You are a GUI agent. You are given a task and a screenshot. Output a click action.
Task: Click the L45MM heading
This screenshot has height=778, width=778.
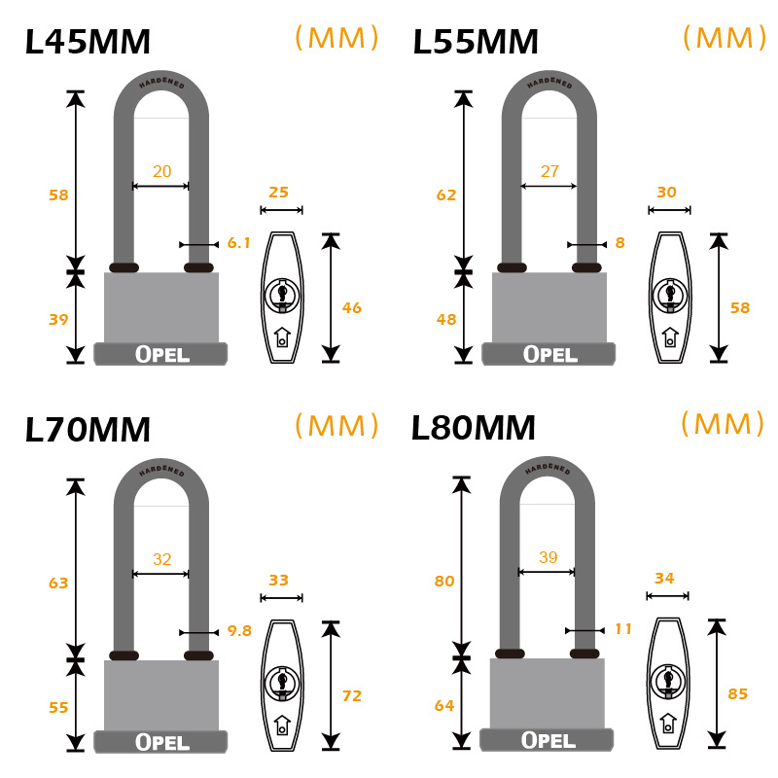[88, 42]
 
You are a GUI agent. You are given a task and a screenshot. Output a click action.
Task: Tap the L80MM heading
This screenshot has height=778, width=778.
[474, 428]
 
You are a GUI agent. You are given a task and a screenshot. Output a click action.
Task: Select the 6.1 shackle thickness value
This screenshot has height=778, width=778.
[238, 242]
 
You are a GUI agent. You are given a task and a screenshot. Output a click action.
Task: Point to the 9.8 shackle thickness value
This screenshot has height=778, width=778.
[239, 630]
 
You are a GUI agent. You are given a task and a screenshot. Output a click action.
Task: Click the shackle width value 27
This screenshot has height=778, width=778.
[549, 171]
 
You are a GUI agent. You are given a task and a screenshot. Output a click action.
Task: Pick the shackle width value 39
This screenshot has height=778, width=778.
[548, 557]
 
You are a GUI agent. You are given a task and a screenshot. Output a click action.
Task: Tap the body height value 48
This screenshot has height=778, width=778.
[446, 320]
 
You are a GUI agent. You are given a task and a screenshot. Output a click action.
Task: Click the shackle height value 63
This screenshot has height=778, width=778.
[58, 583]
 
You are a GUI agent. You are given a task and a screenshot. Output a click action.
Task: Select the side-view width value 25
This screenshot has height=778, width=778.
[279, 192]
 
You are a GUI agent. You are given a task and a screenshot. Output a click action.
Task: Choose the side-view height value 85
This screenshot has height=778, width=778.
[738, 693]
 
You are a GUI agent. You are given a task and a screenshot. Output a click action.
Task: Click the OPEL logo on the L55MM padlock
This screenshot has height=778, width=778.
[549, 354]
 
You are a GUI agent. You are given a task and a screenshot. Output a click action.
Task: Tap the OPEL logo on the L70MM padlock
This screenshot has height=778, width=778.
[162, 742]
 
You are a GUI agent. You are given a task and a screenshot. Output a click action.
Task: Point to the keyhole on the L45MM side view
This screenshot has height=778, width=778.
[282, 295]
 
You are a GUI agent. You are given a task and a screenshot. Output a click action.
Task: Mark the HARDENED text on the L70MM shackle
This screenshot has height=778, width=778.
[161, 470]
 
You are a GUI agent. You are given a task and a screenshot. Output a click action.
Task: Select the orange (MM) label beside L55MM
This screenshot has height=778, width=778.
[725, 38]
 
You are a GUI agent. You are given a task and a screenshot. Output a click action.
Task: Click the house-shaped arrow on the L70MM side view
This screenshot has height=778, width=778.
[282, 725]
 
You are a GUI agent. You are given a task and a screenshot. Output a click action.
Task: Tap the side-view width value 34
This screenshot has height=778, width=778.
[665, 578]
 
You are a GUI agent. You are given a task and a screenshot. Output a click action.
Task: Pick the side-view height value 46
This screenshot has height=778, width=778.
[352, 308]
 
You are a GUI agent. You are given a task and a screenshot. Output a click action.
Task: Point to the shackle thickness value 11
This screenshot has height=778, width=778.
[623, 628]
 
